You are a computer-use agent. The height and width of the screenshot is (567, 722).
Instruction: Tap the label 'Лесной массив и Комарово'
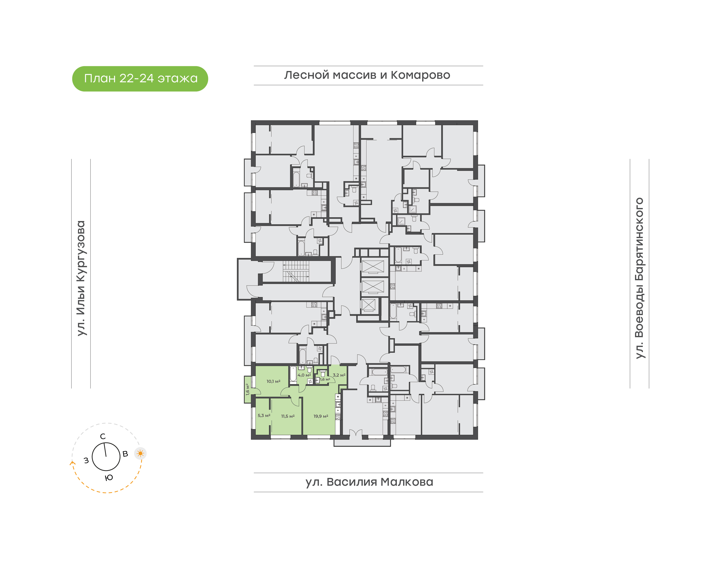coord(367,75)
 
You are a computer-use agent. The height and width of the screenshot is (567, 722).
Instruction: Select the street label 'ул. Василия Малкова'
coord(369,482)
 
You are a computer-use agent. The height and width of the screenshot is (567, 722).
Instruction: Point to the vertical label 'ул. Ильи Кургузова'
coord(81,278)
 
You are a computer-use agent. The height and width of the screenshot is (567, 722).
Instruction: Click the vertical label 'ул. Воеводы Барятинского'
coord(639,278)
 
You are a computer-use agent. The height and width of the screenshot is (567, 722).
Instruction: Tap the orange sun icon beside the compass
coord(140,453)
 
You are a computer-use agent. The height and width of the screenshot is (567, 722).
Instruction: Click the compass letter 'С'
coord(103,437)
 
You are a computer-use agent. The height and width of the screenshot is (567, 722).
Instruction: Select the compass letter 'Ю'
coord(109,478)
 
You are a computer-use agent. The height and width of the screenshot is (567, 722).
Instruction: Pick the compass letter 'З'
coord(86,460)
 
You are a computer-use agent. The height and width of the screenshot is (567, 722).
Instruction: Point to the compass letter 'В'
coord(125,454)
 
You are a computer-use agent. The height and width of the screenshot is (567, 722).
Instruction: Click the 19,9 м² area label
coord(321,416)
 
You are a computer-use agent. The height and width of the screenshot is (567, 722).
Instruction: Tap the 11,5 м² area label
coord(288,416)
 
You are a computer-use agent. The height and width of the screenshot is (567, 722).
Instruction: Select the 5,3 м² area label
coord(264,416)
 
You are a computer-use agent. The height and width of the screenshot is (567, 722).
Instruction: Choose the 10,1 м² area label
coord(273,381)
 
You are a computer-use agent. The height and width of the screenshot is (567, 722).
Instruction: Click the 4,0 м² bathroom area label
coord(304,375)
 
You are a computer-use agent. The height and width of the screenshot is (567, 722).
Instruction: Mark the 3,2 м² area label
coord(339,375)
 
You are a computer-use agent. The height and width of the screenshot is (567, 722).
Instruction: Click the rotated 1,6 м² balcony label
coord(247,389)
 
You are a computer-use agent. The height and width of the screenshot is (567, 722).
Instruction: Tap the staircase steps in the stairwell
coord(296,271)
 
